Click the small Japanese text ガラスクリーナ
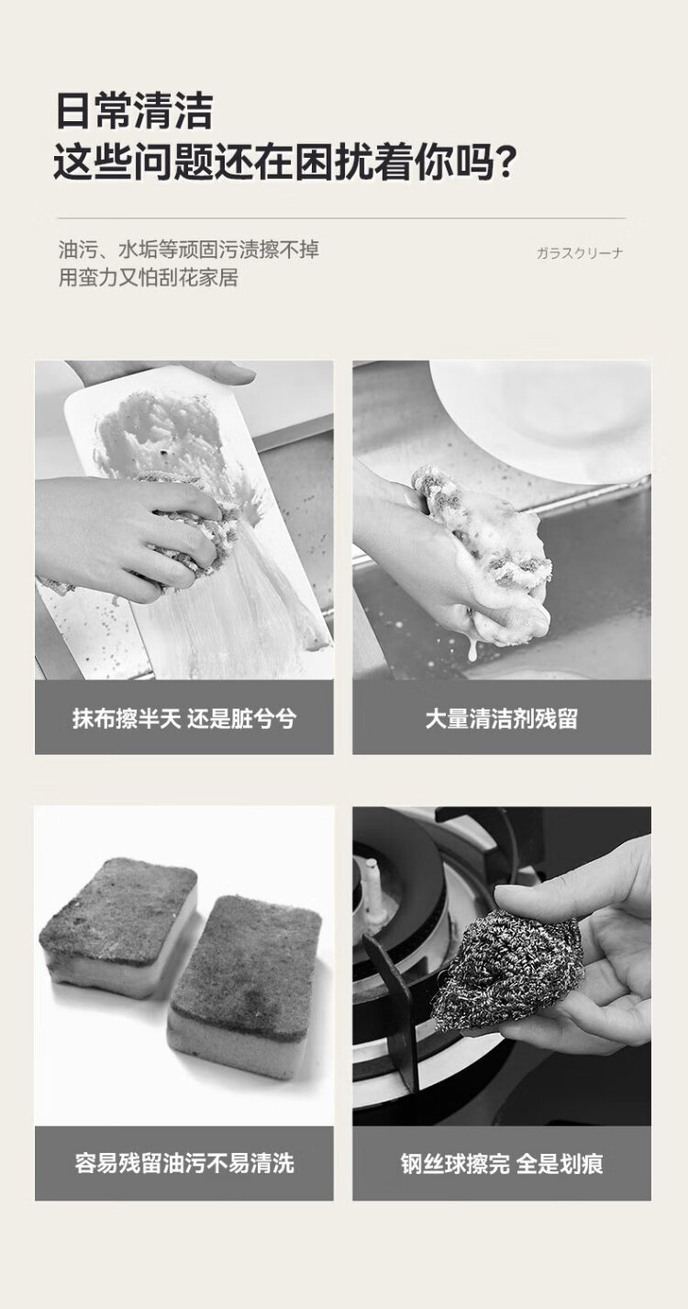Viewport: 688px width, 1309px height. (x=580, y=253)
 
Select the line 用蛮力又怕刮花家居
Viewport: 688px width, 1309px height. (x=149, y=277)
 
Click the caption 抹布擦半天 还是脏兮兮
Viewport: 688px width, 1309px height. (x=184, y=718)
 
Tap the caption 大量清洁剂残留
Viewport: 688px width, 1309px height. (x=502, y=718)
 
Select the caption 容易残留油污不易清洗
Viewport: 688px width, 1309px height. (x=184, y=1163)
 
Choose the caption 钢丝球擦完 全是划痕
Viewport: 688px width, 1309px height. (x=502, y=1163)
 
